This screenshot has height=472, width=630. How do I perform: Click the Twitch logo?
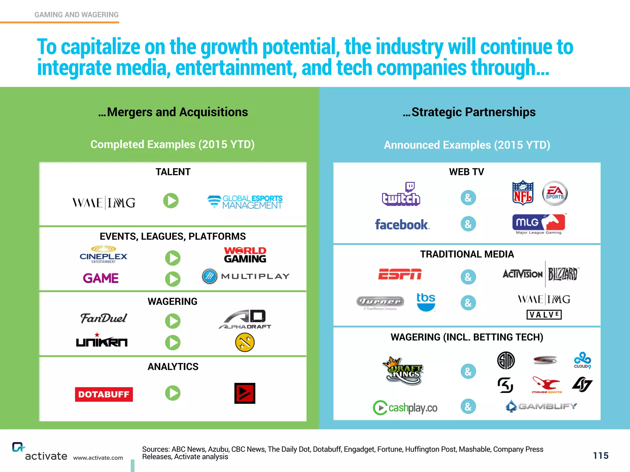point(401,195)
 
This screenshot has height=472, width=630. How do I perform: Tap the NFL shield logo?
point(523,193)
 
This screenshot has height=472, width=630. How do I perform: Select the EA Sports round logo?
point(555,193)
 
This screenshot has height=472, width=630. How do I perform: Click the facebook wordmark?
point(402,225)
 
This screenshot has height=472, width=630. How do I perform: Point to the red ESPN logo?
point(400,274)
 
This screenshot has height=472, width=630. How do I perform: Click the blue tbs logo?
point(426,301)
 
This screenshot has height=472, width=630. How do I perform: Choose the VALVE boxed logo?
point(544,315)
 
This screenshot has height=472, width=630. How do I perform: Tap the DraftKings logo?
point(403,371)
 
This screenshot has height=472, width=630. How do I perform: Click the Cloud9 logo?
point(582,360)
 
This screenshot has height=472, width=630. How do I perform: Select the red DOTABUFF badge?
point(104,394)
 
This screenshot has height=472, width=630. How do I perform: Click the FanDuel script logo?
point(103,318)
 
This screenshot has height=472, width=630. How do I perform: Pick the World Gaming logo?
point(245,255)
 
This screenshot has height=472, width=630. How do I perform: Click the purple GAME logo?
point(101,278)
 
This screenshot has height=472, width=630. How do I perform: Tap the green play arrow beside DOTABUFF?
point(173,393)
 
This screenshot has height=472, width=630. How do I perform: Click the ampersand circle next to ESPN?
point(468,277)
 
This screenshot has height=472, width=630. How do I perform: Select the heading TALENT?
point(173,172)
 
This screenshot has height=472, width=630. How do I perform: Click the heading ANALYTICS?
point(173,367)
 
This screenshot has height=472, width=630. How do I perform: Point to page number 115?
point(600,455)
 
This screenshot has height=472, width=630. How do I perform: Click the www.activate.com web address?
point(98,458)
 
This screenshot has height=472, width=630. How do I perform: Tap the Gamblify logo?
point(541,406)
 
